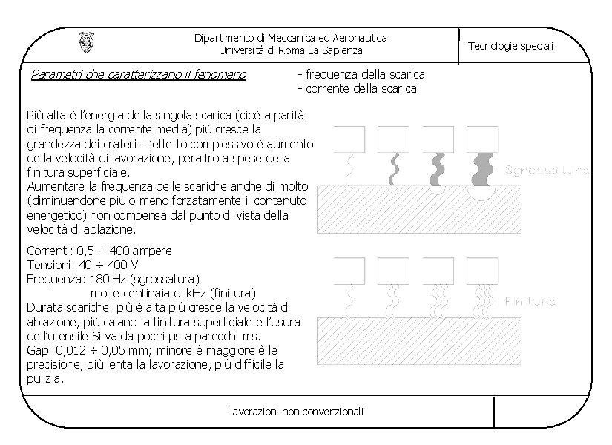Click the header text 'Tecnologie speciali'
pyautogui.click(x=510, y=46)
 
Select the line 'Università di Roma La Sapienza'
pyautogui.click(x=291, y=50)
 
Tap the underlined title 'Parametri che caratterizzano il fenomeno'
pyautogui.click(x=139, y=74)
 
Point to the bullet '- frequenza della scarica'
pyautogui.click(x=361, y=74)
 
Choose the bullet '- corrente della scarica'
pyautogui.click(x=357, y=89)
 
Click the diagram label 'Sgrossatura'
pyautogui.click(x=547, y=171)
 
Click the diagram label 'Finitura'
pyautogui.click(x=530, y=302)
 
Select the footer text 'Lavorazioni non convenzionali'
pyautogui.click(x=295, y=412)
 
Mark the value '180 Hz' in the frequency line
pyautogui.click(x=107, y=279)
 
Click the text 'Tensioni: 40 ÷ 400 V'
pyautogui.click(x=82, y=265)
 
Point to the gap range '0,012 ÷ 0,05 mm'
pyautogui.click(x=92, y=349)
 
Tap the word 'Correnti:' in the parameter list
pyautogui.click(x=50, y=251)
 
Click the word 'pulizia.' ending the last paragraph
pyautogui.click(x=45, y=378)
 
